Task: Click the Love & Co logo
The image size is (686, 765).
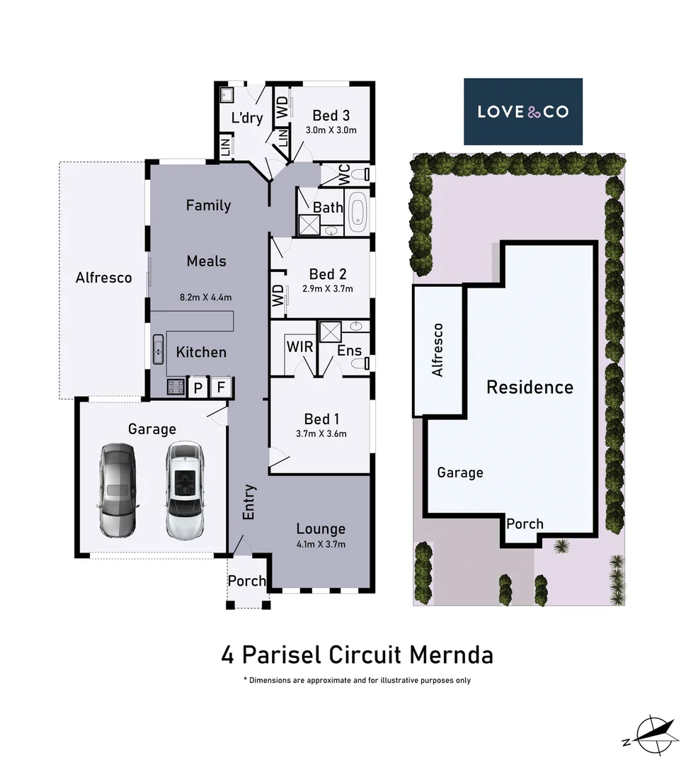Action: pos(522,111)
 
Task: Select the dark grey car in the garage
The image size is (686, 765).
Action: pos(117,489)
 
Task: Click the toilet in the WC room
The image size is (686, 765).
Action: pos(362,174)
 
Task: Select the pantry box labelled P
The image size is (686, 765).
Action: pos(198,387)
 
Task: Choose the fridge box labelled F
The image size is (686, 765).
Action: pos(221,387)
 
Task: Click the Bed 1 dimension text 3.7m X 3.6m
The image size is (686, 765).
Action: pos(321,434)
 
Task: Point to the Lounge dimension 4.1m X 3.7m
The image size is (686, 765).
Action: pos(321,544)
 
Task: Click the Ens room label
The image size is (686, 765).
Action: pos(349,350)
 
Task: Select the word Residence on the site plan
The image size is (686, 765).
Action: pos(530,387)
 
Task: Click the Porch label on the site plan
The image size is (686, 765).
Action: pos(525,523)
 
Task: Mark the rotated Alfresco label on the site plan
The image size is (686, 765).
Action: pos(438,350)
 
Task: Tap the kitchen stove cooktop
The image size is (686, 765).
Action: pos(174,387)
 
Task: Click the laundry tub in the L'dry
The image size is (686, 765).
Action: pos(228,95)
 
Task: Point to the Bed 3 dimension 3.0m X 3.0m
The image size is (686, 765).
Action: pos(331,130)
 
